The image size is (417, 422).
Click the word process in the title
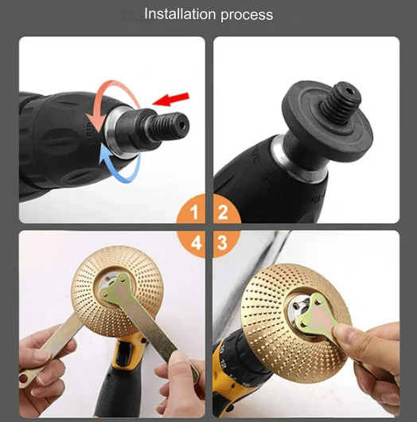coord(246,15)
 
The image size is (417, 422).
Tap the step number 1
coord(194,213)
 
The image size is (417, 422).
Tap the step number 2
coord(223,213)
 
